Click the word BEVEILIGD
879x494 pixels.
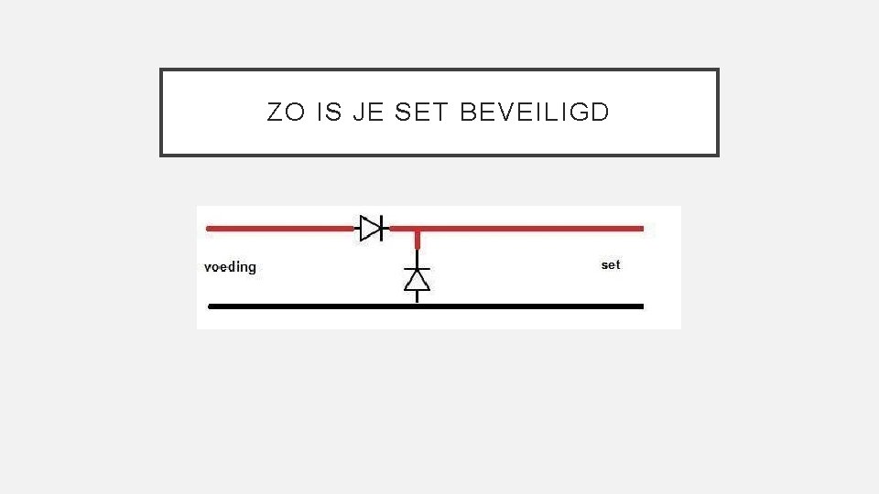[535, 113]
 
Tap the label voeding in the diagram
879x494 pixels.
[230, 267]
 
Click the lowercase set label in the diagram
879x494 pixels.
[611, 264]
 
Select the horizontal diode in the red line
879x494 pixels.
[371, 228]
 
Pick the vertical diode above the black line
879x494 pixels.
[418, 279]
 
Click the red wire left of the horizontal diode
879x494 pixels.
[279, 228]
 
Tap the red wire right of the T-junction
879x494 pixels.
[531, 228]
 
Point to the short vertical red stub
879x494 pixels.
[418, 241]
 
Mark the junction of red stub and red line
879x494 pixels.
[418, 229]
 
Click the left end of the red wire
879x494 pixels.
[210, 228]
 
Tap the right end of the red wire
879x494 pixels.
[641, 228]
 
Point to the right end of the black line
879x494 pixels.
[641, 306]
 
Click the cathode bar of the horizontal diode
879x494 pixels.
[382, 228]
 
